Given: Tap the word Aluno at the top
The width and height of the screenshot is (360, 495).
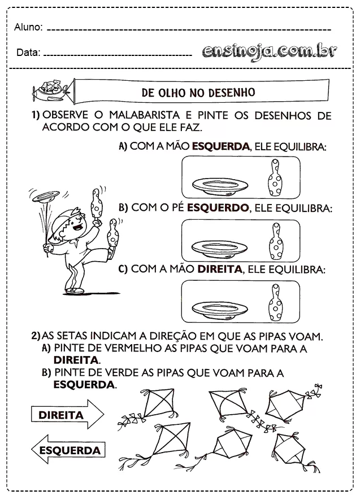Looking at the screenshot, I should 28,27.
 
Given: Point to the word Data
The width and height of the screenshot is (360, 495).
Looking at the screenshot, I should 27,53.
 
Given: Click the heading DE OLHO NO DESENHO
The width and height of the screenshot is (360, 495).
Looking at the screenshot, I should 198,92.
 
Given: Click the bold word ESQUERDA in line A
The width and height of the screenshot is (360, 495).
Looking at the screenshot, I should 220,146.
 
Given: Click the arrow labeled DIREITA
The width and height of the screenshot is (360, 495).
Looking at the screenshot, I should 67,415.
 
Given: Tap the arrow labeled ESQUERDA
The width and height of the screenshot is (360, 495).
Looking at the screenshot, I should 67,450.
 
